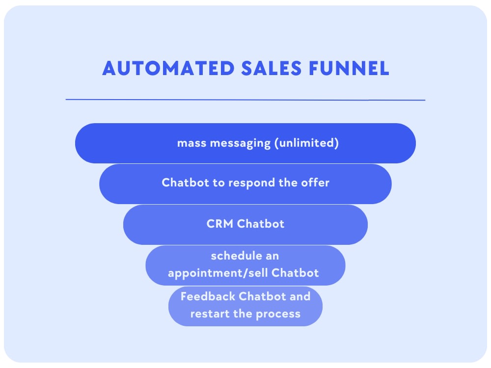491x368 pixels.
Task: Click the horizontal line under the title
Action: point(245,100)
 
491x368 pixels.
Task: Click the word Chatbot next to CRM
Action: point(261,224)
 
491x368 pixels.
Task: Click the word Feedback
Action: point(208,296)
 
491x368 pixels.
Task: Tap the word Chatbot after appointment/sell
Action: point(296,273)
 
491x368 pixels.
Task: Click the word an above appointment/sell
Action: point(273,256)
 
